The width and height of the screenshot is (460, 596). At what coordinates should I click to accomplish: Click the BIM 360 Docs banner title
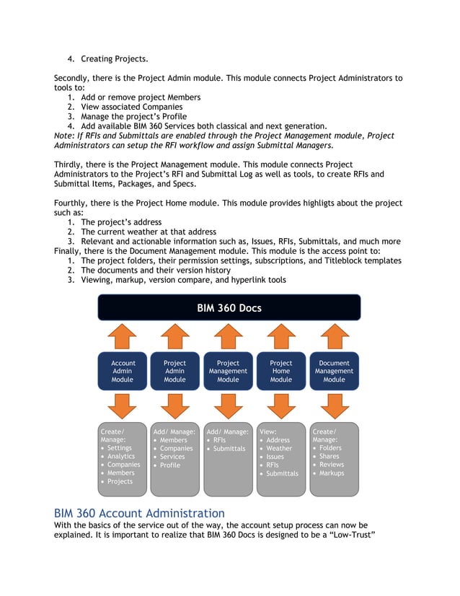point(229,308)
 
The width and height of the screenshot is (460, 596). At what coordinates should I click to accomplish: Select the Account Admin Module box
point(122,371)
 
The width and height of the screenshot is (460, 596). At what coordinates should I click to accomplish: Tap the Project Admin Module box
point(174,371)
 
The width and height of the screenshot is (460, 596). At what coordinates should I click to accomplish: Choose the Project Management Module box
point(228,371)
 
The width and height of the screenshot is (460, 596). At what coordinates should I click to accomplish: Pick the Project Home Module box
point(280,371)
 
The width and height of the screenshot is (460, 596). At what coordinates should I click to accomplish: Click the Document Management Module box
point(334,371)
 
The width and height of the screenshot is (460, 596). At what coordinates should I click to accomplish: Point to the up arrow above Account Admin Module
point(122,336)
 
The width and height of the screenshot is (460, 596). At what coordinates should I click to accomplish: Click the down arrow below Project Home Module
point(280,406)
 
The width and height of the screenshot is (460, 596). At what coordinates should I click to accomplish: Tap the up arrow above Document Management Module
point(334,336)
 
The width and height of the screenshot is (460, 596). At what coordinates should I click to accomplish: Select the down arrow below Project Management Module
point(228,406)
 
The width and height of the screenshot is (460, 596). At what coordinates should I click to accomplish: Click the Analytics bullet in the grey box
point(120,457)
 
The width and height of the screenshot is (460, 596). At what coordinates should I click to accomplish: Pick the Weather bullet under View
point(279,448)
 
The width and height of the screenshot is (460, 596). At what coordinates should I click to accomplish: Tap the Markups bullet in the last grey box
point(332,473)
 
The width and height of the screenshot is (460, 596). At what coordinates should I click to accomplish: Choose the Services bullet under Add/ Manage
point(172,457)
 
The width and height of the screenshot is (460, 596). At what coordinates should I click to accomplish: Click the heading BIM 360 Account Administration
point(139,513)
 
